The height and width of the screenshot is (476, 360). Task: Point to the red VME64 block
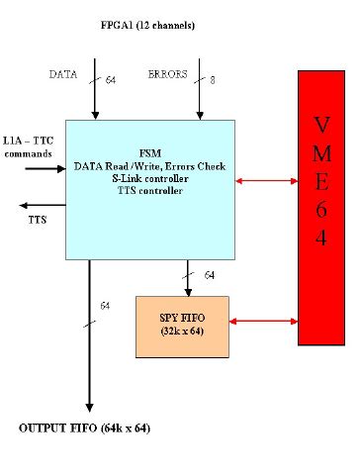320,207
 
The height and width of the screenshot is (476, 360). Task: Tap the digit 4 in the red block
321,240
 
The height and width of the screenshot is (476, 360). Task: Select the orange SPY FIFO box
182,327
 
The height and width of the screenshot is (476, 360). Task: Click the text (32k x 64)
182,333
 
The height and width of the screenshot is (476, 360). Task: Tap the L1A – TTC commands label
29,147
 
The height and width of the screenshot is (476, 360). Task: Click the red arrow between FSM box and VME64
267,180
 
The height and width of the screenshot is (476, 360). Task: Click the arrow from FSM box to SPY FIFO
187,277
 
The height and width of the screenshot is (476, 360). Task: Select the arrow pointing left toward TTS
40,204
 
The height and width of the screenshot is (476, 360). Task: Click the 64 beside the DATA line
110,79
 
